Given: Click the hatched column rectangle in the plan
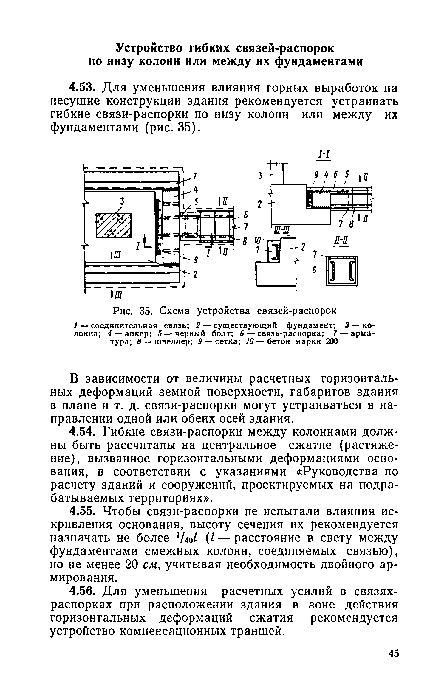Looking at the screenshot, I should pyautogui.click(x=114, y=225).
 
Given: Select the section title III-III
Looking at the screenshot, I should pyautogui.click(x=280, y=229).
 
